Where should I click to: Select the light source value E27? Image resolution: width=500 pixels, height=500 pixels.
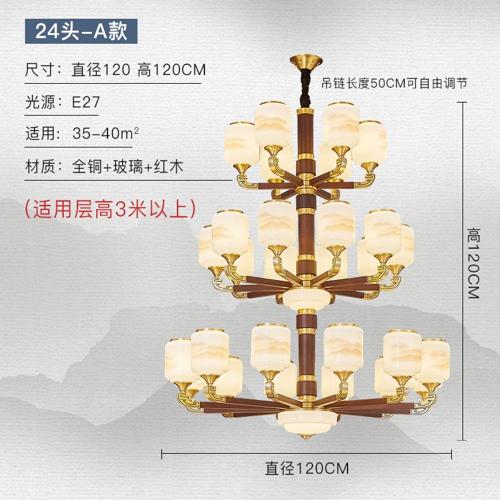click(86, 101)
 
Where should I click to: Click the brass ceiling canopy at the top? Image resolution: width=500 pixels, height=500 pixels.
click(306, 62)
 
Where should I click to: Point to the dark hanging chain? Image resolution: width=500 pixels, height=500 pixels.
click(306, 84)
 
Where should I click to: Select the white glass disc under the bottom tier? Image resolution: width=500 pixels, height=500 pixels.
click(306, 417)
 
